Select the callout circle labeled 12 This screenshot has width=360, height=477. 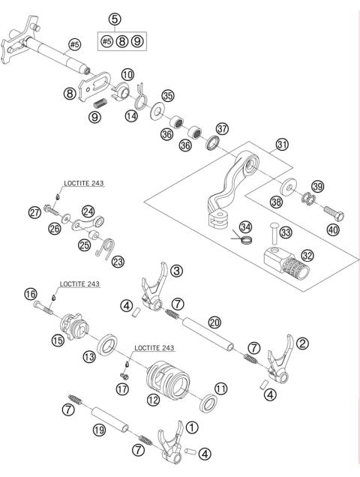[x=153, y=400]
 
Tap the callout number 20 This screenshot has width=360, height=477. [x=215, y=322]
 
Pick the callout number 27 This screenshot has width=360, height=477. [x=34, y=213]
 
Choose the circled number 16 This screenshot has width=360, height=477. [x=29, y=295]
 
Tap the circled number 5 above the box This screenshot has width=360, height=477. [x=114, y=18]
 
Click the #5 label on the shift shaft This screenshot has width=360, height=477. [x=75, y=44]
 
